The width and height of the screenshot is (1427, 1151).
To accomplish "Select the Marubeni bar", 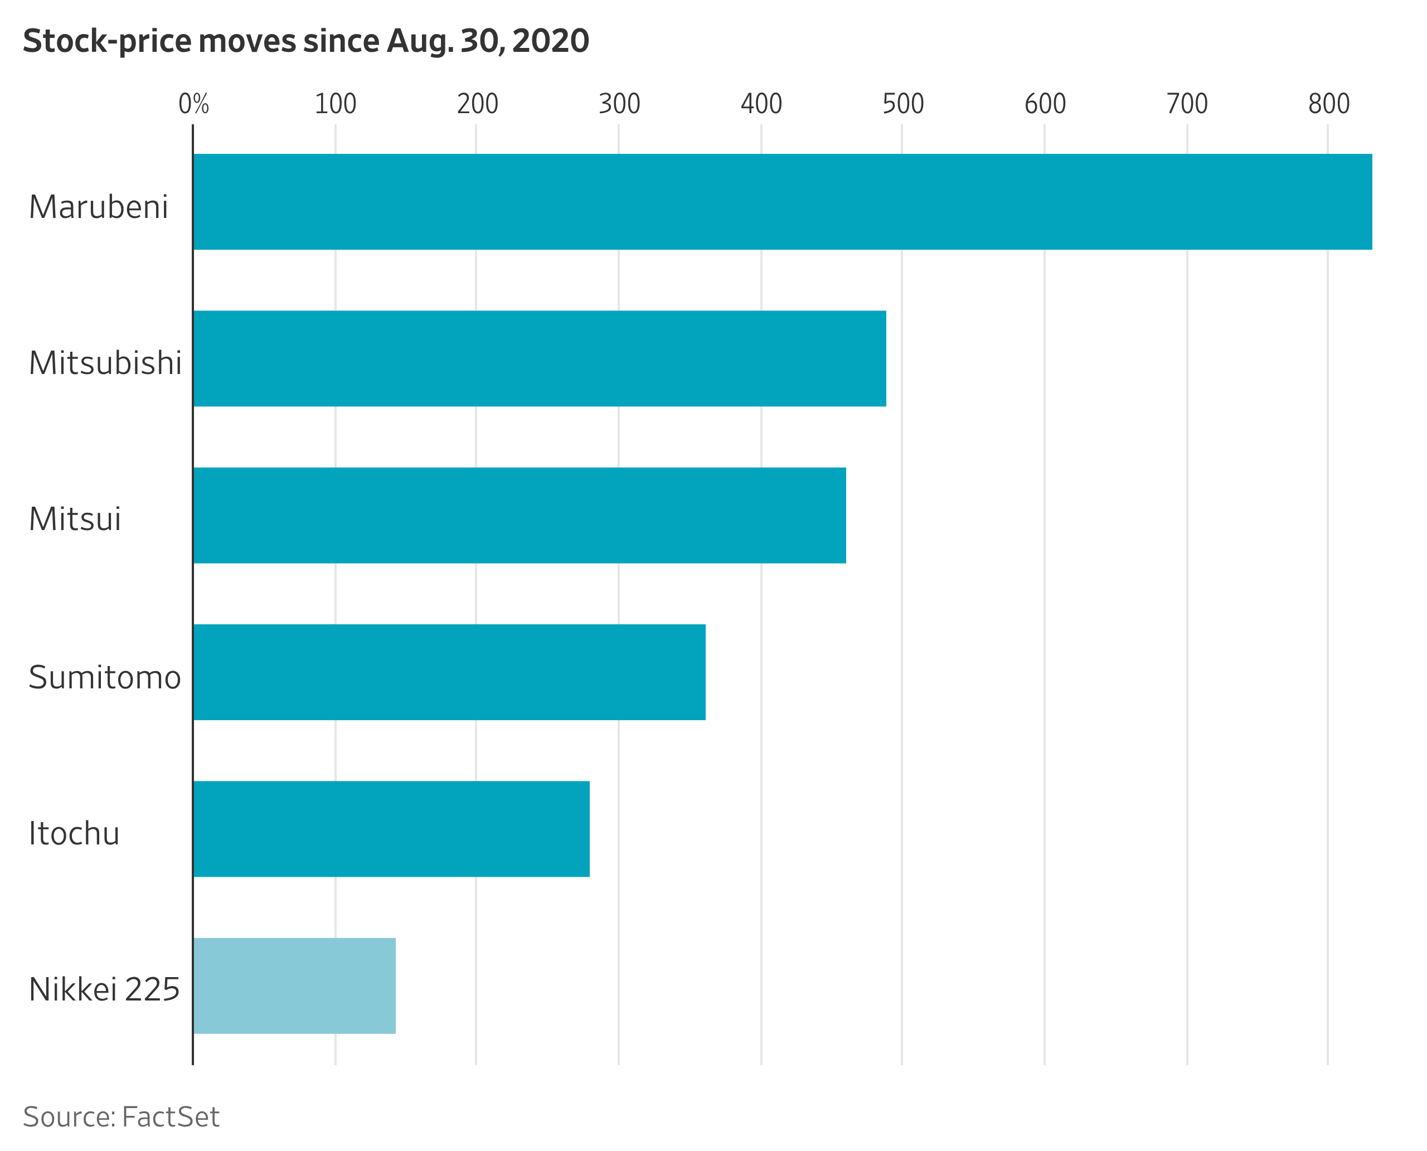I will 783,202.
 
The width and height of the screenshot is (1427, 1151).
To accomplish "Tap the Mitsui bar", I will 519,515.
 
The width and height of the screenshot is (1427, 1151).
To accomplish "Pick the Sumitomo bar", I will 449,672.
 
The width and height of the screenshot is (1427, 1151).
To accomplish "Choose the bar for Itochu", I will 391,829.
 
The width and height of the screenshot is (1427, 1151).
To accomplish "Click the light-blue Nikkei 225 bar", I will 294,985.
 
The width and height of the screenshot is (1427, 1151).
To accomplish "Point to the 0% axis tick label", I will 193,104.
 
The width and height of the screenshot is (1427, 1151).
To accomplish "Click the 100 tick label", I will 335,104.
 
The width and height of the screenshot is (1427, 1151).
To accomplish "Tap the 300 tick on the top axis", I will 619,104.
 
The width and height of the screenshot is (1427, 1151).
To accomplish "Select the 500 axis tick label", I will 902,104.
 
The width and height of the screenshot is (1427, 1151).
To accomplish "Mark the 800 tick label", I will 1328,104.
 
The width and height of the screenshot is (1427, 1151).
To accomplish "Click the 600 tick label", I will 1045,104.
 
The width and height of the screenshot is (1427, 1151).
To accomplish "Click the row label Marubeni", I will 98,207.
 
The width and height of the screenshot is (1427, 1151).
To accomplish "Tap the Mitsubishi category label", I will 105,363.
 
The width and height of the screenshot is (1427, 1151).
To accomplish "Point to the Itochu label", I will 74,833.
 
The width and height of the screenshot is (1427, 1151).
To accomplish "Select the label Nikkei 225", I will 104,990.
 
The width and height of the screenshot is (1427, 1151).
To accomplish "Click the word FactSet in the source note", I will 171,1117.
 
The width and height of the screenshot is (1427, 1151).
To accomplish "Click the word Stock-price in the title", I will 108,41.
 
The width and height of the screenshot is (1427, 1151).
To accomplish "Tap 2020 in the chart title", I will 550,41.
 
